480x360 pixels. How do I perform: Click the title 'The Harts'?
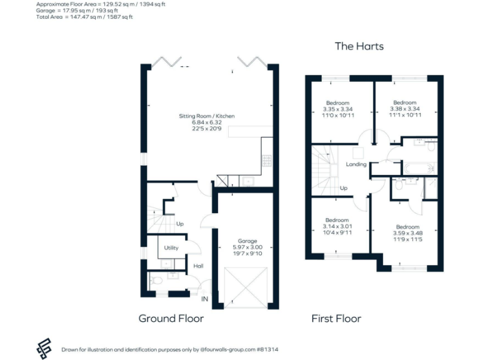pyautogui.click(x=359, y=46)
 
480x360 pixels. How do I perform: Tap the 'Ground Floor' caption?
pyautogui.click(x=171, y=318)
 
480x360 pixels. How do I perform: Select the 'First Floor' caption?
pyautogui.click(x=336, y=318)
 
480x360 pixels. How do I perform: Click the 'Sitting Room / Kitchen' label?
pyautogui.click(x=207, y=116)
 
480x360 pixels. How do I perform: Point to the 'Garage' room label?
pyautogui.click(x=247, y=241)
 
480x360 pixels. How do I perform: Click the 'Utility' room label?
pyautogui.click(x=171, y=248)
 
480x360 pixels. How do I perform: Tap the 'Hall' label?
pyautogui.click(x=198, y=266)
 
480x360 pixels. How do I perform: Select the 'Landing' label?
pyautogui.click(x=356, y=164)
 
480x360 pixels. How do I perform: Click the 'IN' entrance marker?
pyautogui.click(x=204, y=299)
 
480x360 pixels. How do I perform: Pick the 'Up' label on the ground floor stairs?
pyautogui.click(x=180, y=224)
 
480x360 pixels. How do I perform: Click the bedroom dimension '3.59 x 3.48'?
pyautogui.click(x=407, y=233)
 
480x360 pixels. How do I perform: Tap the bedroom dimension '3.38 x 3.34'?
pyautogui.click(x=404, y=109)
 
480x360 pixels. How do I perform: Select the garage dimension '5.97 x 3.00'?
pyautogui.click(x=247, y=247)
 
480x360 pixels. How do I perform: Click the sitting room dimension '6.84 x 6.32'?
pyautogui.click(x=207, y=122)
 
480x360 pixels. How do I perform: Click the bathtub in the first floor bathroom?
pyautogui.click(x=419, y=168)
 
